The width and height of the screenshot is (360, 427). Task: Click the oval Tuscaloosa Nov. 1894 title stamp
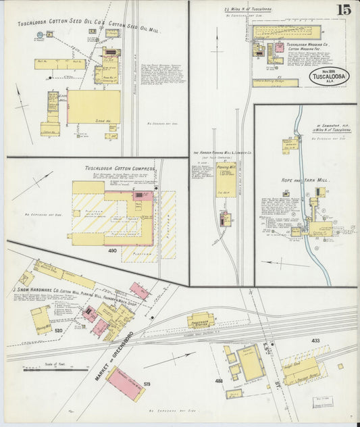tap(329, 76)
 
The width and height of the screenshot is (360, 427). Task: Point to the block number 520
tap(59, 331)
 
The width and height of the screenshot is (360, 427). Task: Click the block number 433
tap(315, 341)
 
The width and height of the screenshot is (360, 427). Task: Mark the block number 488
tap(220, 381)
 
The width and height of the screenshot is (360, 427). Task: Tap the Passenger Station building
tap(201, 320)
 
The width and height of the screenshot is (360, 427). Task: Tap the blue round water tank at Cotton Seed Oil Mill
tap(40, 34)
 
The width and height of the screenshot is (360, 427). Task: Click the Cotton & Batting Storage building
tap(275, 83)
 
